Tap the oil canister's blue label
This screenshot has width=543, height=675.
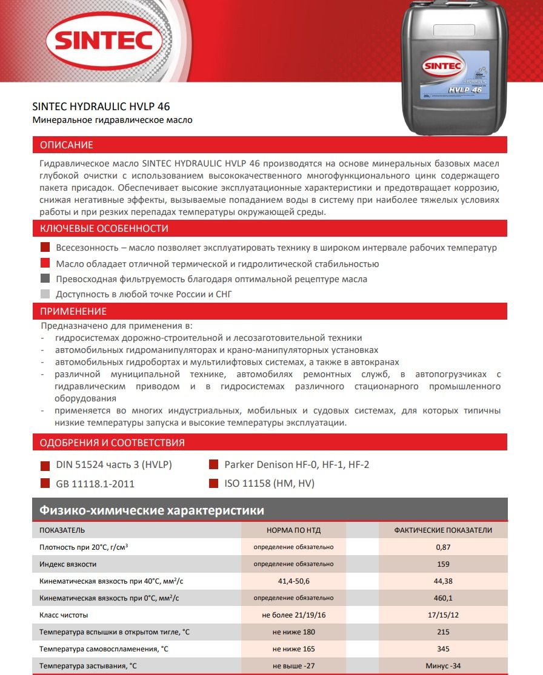coord(456,75)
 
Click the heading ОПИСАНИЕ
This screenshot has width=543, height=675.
coord(67,145)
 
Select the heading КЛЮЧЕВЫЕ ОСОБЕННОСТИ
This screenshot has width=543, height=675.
coord(104,228)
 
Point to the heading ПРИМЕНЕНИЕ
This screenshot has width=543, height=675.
coord(73,311)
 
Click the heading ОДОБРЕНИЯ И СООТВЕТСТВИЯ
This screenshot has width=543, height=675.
coord(112,443)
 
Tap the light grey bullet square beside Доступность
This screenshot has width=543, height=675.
coord(44,294)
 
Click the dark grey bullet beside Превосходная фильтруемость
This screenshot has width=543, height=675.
coord(44,279)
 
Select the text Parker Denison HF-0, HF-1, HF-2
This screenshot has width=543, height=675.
coord(296,465)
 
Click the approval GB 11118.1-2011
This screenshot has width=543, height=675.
coord(95,484)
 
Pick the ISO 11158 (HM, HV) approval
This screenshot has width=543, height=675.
coord(269,483)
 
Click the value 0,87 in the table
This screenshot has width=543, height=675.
coord(443,547)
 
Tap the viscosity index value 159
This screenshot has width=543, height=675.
coord(443,564)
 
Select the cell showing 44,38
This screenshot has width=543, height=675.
coord(443,581)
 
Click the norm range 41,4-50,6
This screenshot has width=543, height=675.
coord(293,581)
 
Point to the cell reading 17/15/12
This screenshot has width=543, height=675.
coord(443,615)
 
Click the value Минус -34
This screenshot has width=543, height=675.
coord(443,666)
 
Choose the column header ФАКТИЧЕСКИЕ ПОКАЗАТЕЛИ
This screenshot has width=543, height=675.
coord(443,530)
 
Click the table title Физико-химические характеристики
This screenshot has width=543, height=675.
coord(152,510)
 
